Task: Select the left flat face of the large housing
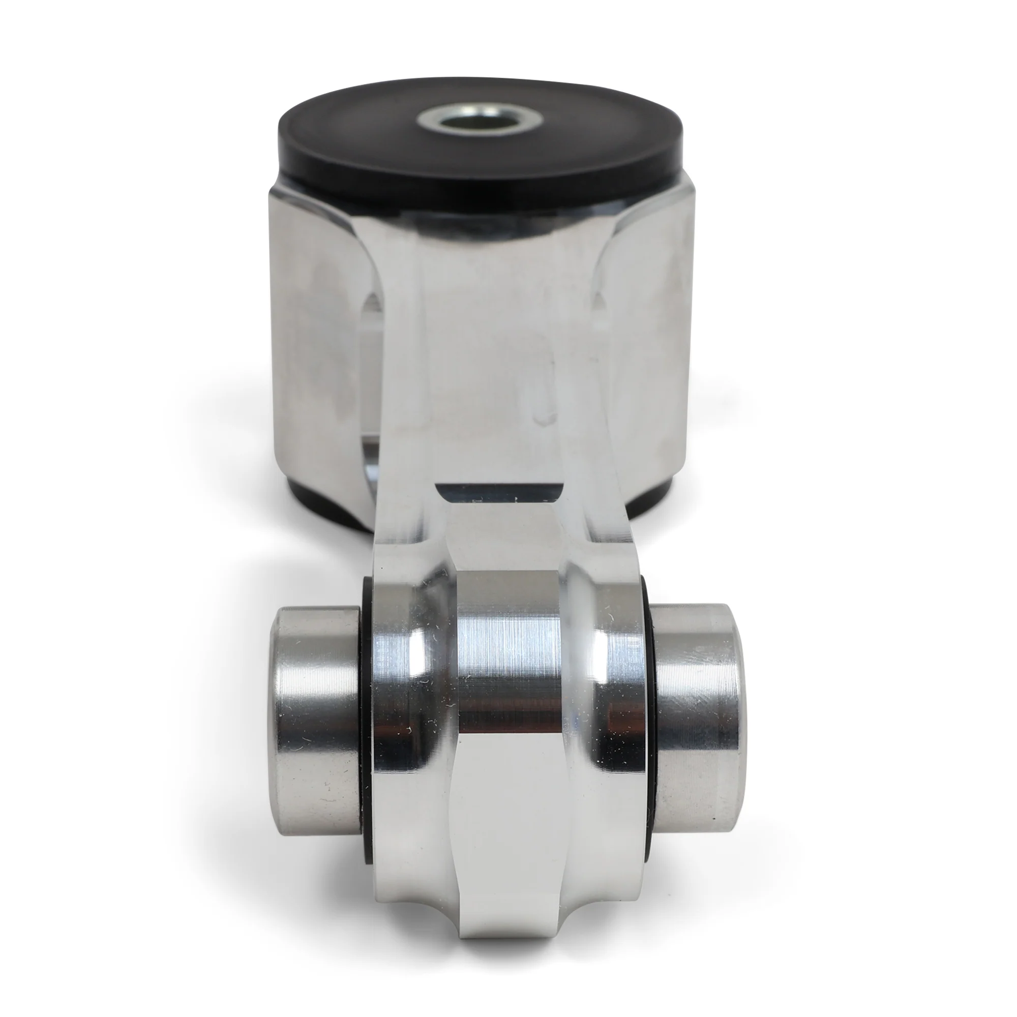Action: tap(316, 342)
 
